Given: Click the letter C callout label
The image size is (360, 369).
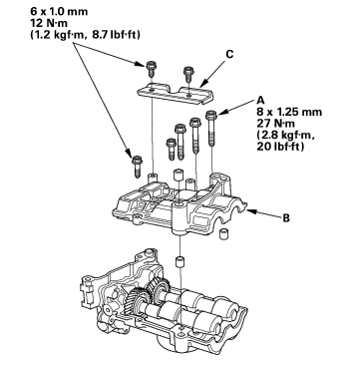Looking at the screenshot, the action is tap(229, 54).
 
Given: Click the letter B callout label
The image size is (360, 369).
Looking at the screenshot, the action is tap(286, 218).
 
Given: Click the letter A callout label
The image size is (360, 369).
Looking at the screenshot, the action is tap(261, 101).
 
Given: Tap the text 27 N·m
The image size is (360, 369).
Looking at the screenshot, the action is tap(276, 124).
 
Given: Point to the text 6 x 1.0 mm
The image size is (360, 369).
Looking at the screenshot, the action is tap(59, 12).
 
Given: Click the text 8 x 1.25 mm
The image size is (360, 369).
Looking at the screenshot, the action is tap(289, 112).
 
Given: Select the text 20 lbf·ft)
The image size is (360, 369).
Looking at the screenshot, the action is tap(281, 147).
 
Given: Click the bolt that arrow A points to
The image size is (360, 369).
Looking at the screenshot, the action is tap(211, 129).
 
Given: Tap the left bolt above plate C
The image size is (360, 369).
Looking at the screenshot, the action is tap(151, 69).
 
